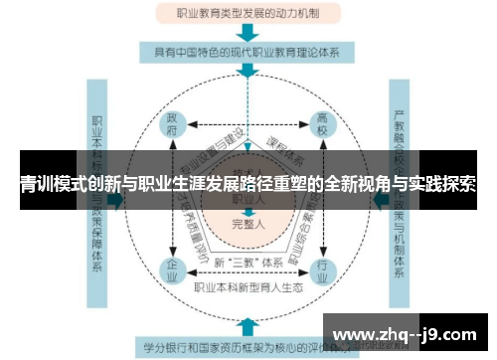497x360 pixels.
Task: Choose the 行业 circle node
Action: pyautogui.click(x=321, y=270)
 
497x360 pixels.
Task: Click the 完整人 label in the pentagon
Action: pyautogui.click(x=248, y=223)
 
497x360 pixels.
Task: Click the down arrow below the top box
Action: pyautogui.click(x=248, y=35)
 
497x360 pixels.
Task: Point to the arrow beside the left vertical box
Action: pyautogui.click(x=116, y=199)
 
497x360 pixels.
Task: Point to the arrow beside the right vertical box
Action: pyautogui.click(x=382, y=199)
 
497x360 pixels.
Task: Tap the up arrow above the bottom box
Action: pyautogui.click(x=248, y=324)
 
